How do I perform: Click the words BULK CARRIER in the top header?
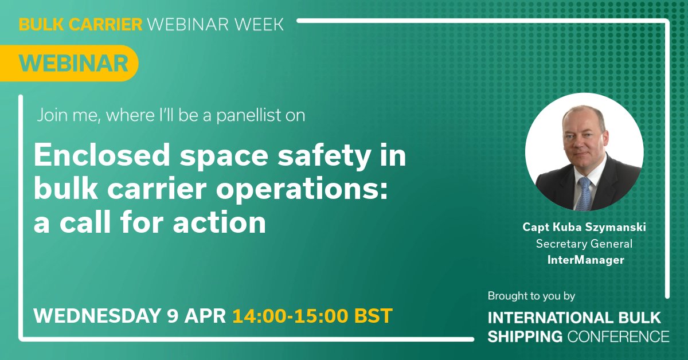(80, 25)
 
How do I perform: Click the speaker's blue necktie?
(584, 192)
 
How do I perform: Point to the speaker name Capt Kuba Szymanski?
(584, 227)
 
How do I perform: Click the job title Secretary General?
(584, 244)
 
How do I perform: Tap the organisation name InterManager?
(584, 260)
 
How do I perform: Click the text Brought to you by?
(531, 296)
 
